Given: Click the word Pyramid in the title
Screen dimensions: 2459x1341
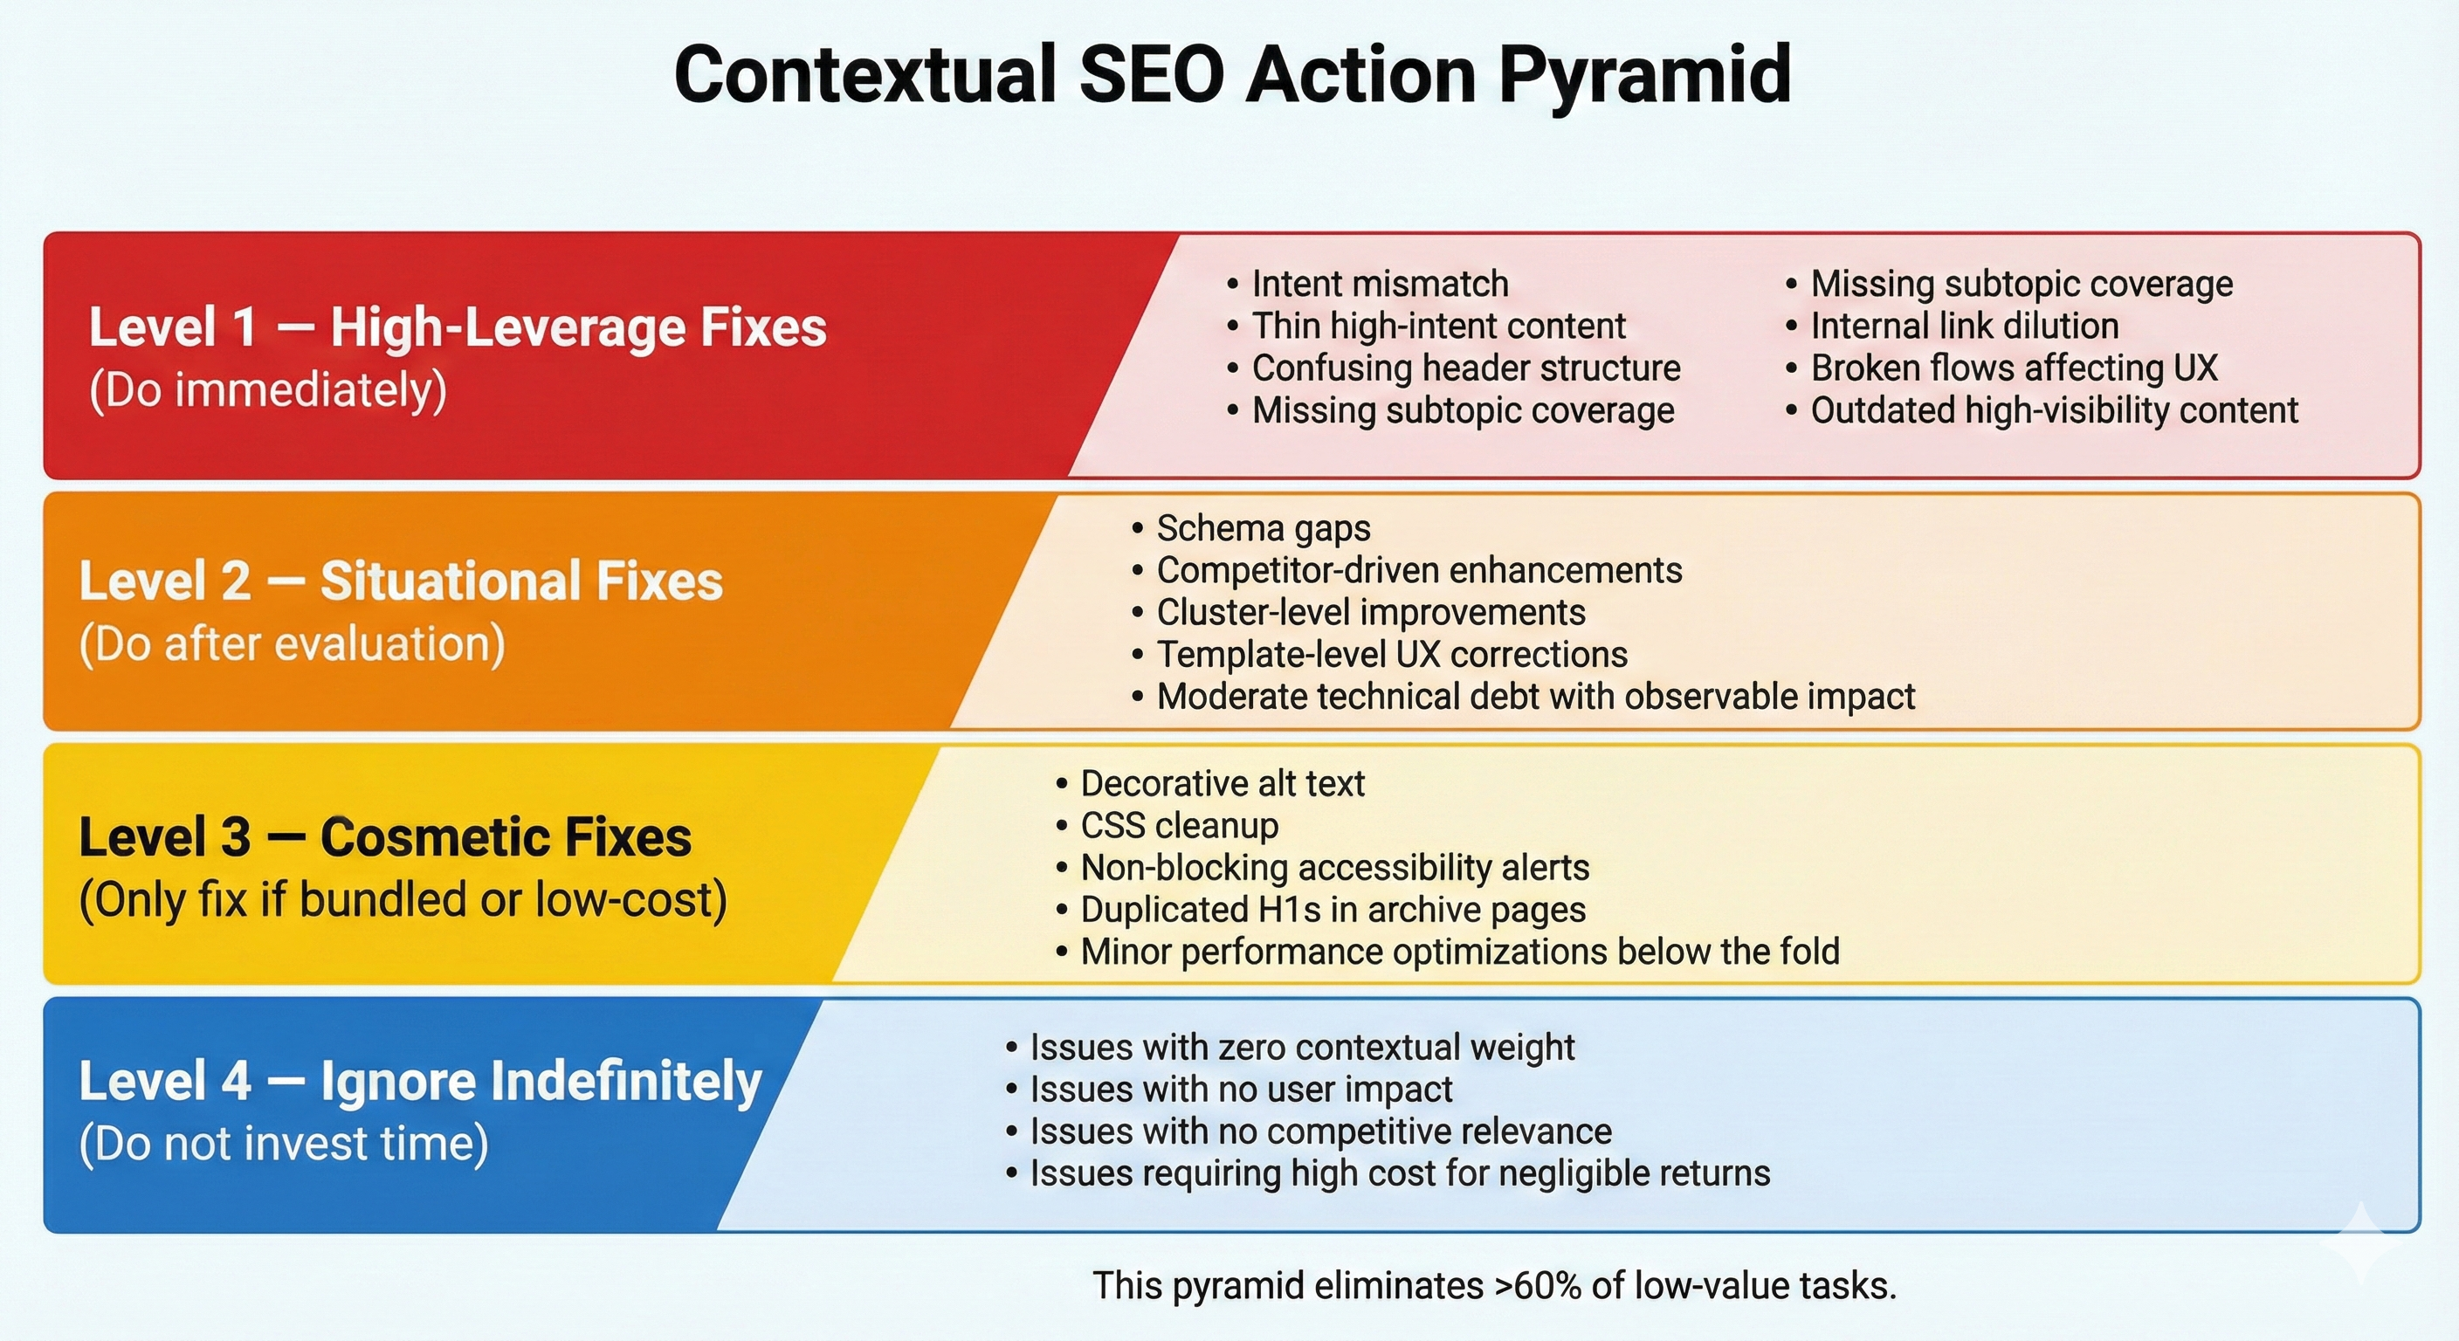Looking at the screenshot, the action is [1643, 75].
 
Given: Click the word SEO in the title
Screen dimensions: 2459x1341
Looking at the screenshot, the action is [1151, 73].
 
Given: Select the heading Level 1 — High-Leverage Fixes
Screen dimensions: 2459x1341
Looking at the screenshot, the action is [458, 327].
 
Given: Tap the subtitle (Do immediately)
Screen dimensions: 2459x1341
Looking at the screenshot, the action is [268, 390].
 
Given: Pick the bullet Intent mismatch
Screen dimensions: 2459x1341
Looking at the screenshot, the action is [1368, 284].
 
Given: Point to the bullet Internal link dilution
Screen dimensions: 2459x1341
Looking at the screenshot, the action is [1953, 326].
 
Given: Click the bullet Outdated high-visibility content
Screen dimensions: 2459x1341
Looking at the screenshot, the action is [2042, 410].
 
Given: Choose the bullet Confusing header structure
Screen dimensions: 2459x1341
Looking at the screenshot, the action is [1454, 368].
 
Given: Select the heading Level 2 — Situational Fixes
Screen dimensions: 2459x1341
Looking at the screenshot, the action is [401, 581].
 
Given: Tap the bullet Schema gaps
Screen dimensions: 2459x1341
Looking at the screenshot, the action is [1251, 529].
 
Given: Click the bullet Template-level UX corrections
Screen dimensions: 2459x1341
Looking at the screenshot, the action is [1381, 654].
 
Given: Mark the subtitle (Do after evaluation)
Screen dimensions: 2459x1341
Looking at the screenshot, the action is [293, 644].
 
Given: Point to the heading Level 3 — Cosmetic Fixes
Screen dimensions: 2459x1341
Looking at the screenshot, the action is [386, 837].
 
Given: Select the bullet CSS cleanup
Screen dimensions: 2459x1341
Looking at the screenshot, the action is [1168, 825].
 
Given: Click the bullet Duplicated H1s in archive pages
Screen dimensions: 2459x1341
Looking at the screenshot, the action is [1321, 909].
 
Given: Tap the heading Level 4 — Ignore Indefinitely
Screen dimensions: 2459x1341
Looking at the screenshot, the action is [421, 1082].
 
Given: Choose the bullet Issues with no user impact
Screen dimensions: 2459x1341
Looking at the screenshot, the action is [1229, 1089].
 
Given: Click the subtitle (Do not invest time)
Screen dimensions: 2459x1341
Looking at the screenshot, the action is [284, 1144].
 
